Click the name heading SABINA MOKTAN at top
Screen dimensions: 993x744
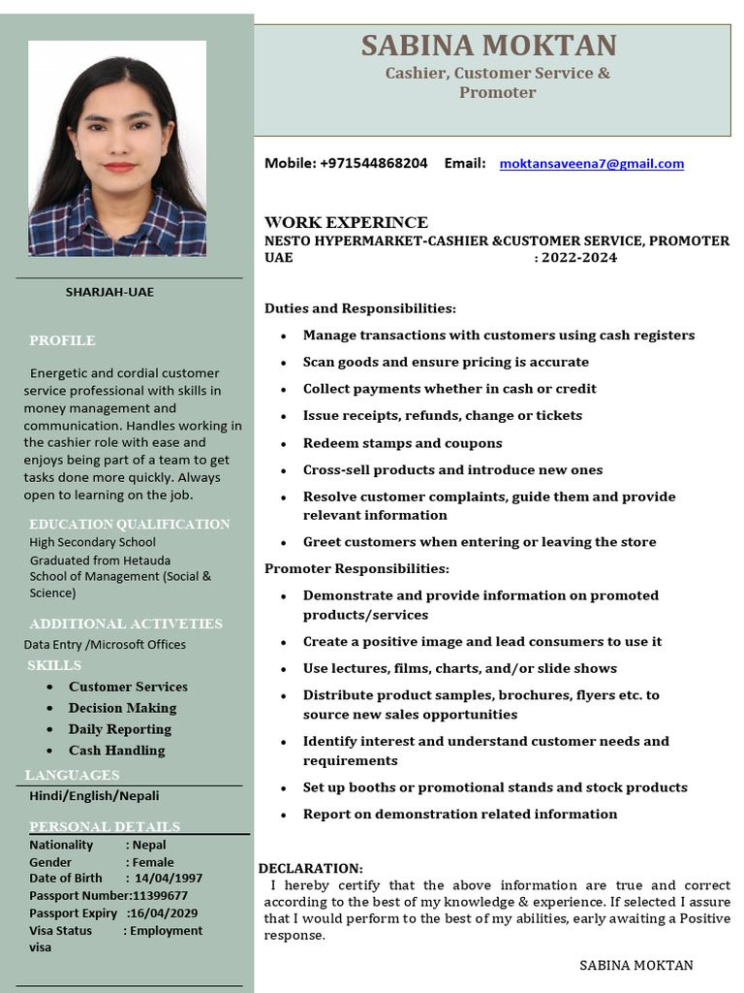pos(489,46)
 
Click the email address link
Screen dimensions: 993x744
pos(591,164)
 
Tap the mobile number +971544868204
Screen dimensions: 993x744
pos(373,164)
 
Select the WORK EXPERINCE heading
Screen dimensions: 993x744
pos(346,222)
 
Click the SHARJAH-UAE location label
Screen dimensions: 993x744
pos(109,292)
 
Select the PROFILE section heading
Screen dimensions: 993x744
pos(62,340)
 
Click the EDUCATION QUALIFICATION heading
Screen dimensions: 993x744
pos(129,524)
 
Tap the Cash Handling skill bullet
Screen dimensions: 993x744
pos(116,751)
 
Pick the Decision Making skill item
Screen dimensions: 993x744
pos(122,708)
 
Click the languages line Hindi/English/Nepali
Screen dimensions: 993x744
pos(94,796)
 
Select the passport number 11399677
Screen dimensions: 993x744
pos(161,896)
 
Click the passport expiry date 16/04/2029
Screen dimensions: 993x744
pos(164,913)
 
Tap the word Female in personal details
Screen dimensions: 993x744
pos(153,862)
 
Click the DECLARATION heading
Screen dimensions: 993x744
pos(310,868)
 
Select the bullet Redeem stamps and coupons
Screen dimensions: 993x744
pos(402,443)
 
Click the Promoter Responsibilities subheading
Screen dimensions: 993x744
pos(356,568)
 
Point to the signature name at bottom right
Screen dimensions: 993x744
pos(635,965)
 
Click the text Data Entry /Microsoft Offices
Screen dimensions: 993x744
pos(105,645)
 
